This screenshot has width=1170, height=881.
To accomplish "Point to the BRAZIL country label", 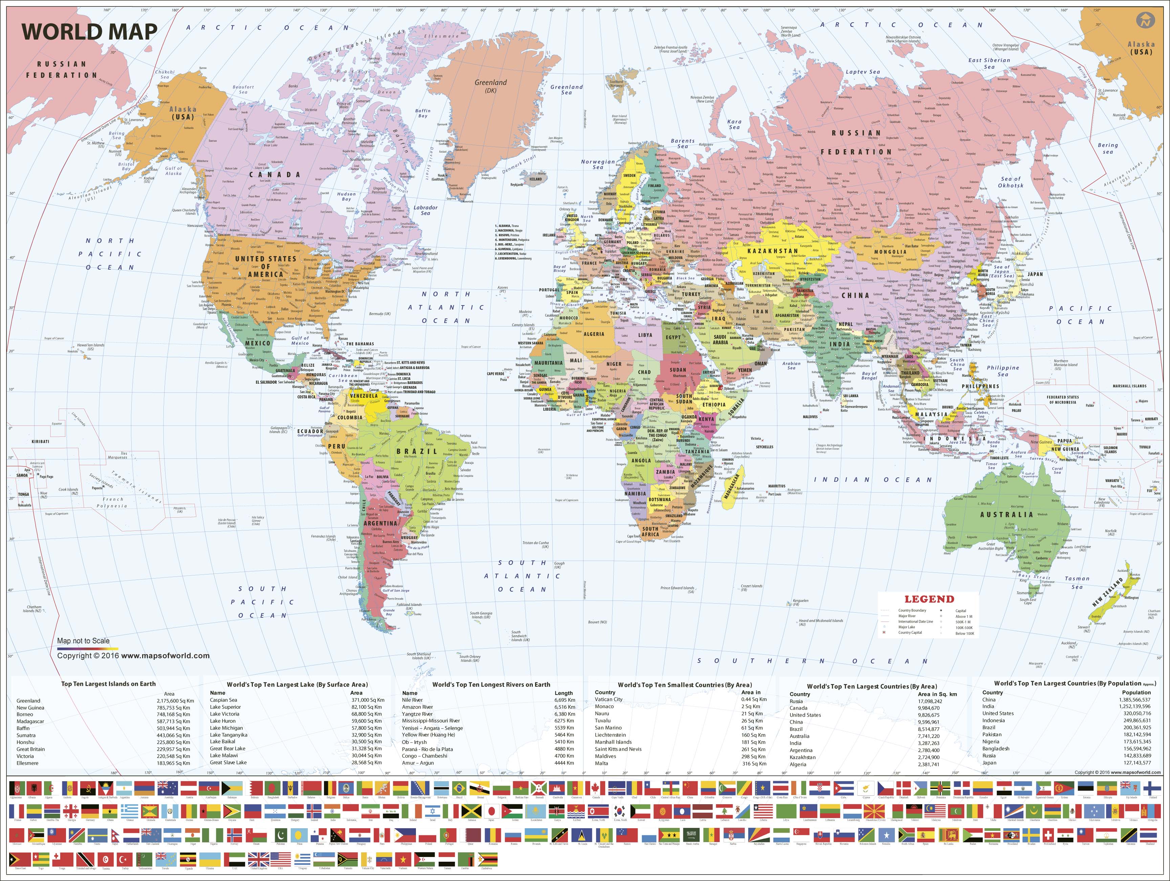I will point(417,451).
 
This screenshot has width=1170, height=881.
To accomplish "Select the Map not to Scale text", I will point(84,640).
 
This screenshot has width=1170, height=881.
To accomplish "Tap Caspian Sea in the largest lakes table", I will point(223,700).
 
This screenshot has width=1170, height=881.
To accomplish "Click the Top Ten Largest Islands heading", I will point(108,684).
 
